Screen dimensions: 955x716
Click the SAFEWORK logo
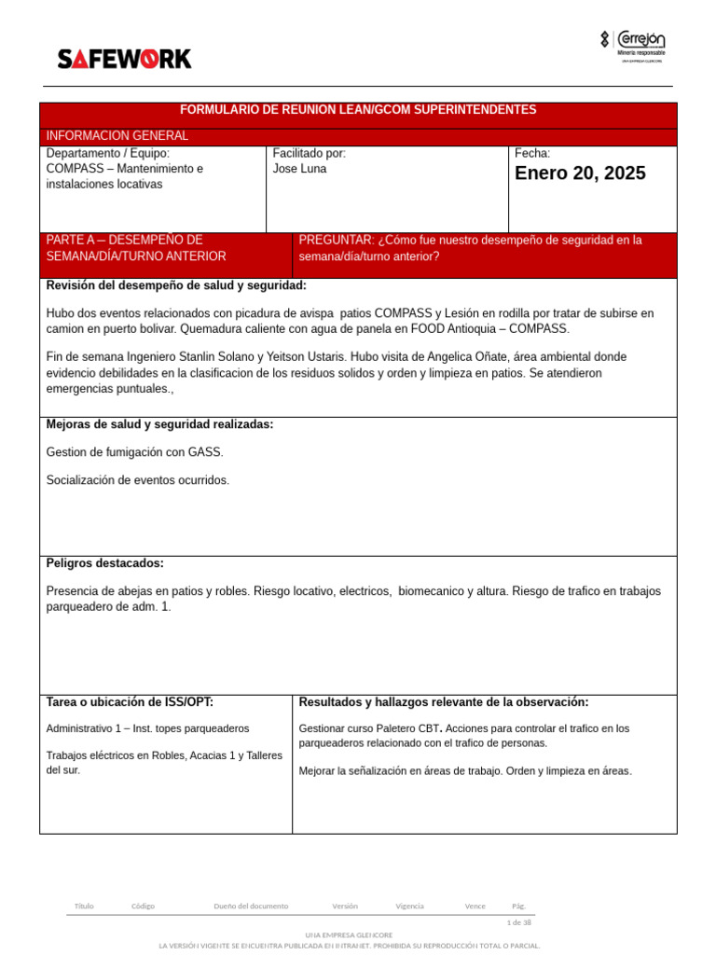[x=124, y=59]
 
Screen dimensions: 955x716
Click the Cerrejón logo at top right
[x=633, y=46]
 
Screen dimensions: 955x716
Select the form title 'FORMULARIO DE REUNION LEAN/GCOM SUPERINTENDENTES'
[x=358, y=110]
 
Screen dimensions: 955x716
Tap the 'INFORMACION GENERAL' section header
[x=117, y=136]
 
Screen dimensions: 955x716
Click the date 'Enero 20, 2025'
[x=580, y=173]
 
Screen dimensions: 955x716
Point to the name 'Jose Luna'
[x=299, y=169]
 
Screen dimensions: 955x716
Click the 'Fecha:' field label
[x=532, y=153]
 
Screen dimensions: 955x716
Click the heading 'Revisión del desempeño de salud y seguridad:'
[x=176, y=285]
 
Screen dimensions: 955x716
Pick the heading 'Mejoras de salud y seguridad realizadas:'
[x=159, y=424]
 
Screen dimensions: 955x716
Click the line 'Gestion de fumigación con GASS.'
[x=134, y=452]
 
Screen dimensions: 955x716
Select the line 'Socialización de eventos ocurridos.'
[x=137, y=480]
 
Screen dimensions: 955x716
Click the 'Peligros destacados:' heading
[x=104, y=563]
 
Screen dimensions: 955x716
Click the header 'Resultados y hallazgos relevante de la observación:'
[x=444, y=702]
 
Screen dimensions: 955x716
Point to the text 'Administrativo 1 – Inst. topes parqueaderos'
[x=147, y=728]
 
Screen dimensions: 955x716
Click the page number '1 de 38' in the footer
[x=518, y=922]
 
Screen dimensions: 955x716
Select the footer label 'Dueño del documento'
[x=251, y=906]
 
